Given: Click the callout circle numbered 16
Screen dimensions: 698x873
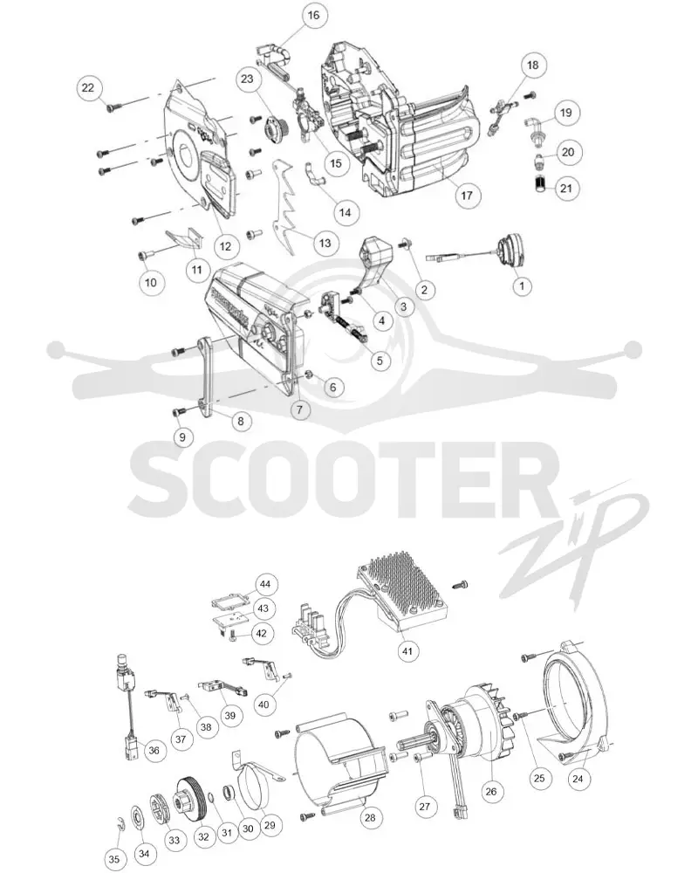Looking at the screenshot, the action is coord(313,15).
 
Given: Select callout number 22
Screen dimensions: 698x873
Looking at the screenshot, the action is coord(88,88).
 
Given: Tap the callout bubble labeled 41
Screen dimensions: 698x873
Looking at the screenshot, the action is coord(407,650).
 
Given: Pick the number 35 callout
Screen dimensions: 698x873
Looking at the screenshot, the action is coord(113,859).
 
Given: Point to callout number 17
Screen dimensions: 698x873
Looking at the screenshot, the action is coord(467,195).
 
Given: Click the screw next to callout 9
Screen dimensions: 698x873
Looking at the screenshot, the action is coord(179,412).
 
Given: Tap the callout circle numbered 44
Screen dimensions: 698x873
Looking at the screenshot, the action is coord(265,584).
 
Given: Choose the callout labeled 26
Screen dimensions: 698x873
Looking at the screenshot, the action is coord(491,791).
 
